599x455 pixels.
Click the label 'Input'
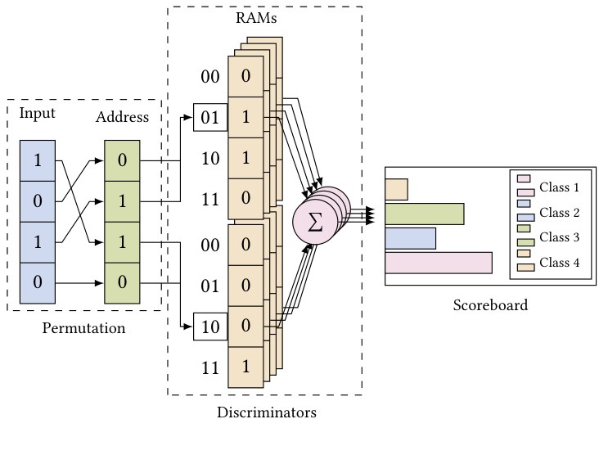[x=38, y=113]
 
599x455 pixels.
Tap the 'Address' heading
[x=122, y=117]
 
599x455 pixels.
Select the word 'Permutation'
[x=83, y=329]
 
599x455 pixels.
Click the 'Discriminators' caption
[x=266, y=412]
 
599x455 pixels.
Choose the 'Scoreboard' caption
[x=490, y=305]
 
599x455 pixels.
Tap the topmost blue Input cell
[x=38, y=160]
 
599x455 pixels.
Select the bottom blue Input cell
[x=38, y=283]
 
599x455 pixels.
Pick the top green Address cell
[x=123, y=160]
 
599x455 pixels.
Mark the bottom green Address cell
[x=123, y=283]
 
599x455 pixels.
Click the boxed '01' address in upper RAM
[x=210, y=118]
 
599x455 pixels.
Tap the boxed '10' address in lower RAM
[x=210, y=327]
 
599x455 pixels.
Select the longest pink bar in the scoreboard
[x=438, y=263]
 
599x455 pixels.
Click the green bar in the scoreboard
[x=424, y=214]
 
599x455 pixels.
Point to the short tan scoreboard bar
[x=396, y=189]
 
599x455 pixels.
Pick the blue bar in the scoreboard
[x=410, y=238]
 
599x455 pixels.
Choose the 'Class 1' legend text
[x=559, y=187]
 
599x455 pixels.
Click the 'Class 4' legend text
[x=559, y=263]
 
